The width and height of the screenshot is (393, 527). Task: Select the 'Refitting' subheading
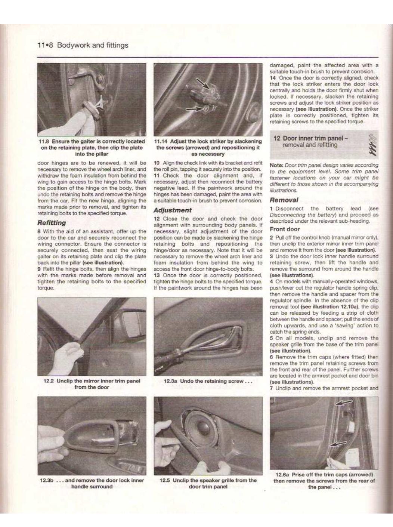click(52, 223)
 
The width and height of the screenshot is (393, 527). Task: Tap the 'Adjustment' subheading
click(172, 210)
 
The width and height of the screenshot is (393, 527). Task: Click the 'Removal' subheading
click(284, 200)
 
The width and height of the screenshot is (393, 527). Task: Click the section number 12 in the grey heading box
click(277, 138)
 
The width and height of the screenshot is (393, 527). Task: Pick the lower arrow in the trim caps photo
click(338, 444)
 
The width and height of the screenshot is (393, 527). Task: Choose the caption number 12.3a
click(170, 381)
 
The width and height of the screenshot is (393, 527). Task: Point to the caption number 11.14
click(161, 142)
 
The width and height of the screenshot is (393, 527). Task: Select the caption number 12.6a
click(282, 475)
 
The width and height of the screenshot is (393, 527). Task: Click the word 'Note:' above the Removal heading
click(276, 165)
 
